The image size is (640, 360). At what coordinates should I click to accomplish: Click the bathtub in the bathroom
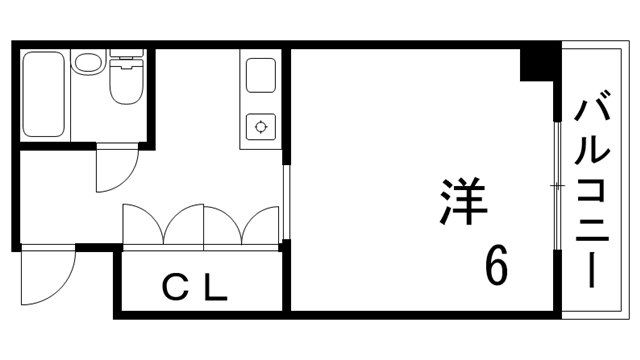pos(43,96)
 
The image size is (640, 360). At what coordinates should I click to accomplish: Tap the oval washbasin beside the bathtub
pos(86,65)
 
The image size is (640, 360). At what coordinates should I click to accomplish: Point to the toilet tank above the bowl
pos(127,62)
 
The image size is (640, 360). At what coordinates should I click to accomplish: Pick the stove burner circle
pos(261,126)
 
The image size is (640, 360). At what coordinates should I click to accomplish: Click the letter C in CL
pos(176,289)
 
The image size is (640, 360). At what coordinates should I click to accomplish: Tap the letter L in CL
pos(216,289)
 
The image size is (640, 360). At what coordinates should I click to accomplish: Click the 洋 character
pos(463,201)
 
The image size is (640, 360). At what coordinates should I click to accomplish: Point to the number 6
pos(497,265)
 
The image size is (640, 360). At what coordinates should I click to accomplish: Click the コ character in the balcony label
pos(594,188)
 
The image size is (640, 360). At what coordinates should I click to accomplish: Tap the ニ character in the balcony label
pos(594,228)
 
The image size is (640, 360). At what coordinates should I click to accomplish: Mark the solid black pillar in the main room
pos(537,63)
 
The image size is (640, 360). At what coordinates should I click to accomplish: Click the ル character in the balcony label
pos(594,148)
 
